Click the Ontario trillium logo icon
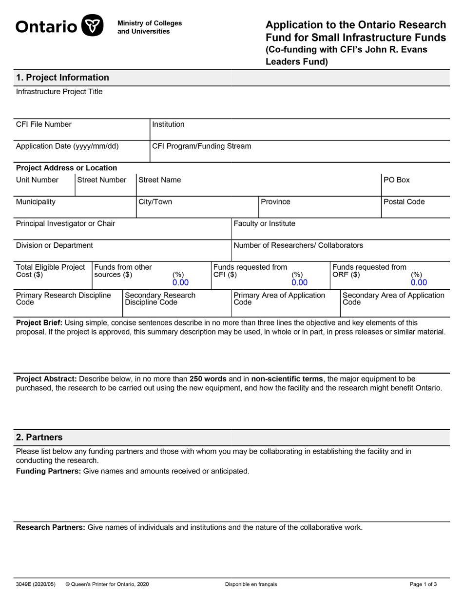click(x=92, y=25)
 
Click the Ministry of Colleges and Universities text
click(x=150, y=27)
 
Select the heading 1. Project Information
click(x=62, y=78)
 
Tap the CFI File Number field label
click(x=44, y=124)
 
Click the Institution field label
click(x=168, y=124)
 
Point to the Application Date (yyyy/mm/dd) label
click(x=67, y=146)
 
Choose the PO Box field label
click(x=397, y=180)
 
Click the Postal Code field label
click(x=404, y=202)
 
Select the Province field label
click(x=275, y=202)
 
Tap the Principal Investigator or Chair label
click(x=66, y=223)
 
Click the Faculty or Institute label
click(x=264, y=223)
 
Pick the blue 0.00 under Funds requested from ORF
click(x=418, y=282)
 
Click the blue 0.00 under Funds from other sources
click(x=180, y=282)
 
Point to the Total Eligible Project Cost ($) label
click(x=51, y=271)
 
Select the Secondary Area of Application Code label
click(x=393, y=299)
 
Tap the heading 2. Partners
click(x=39, y=437)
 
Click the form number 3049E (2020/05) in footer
click(x=36, y=584)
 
